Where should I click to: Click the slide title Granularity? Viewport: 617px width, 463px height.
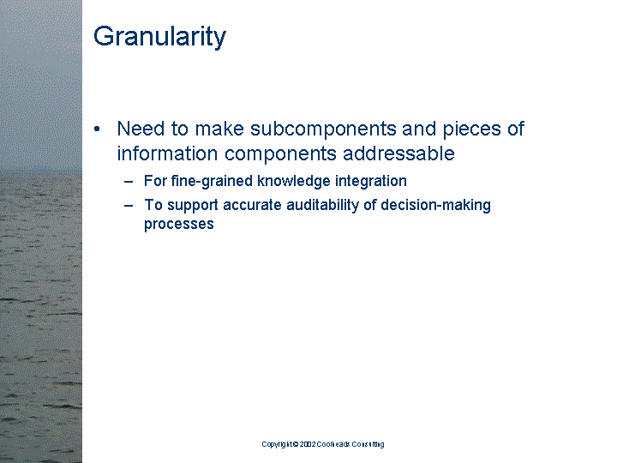pyautogui.click(x=159, y=37)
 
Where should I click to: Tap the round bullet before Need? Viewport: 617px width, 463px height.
pyautogui.click(x=99, y=129)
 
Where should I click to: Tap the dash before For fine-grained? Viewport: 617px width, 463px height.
pyautogui.click(x=129, y=182)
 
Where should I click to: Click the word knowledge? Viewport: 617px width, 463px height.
pyautogui.click(x=291, y=182)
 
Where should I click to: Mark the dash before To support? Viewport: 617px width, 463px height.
pyautogui.click(x=129, y=206)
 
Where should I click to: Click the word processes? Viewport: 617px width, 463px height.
pyautogui.click(x=178, y=225)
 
